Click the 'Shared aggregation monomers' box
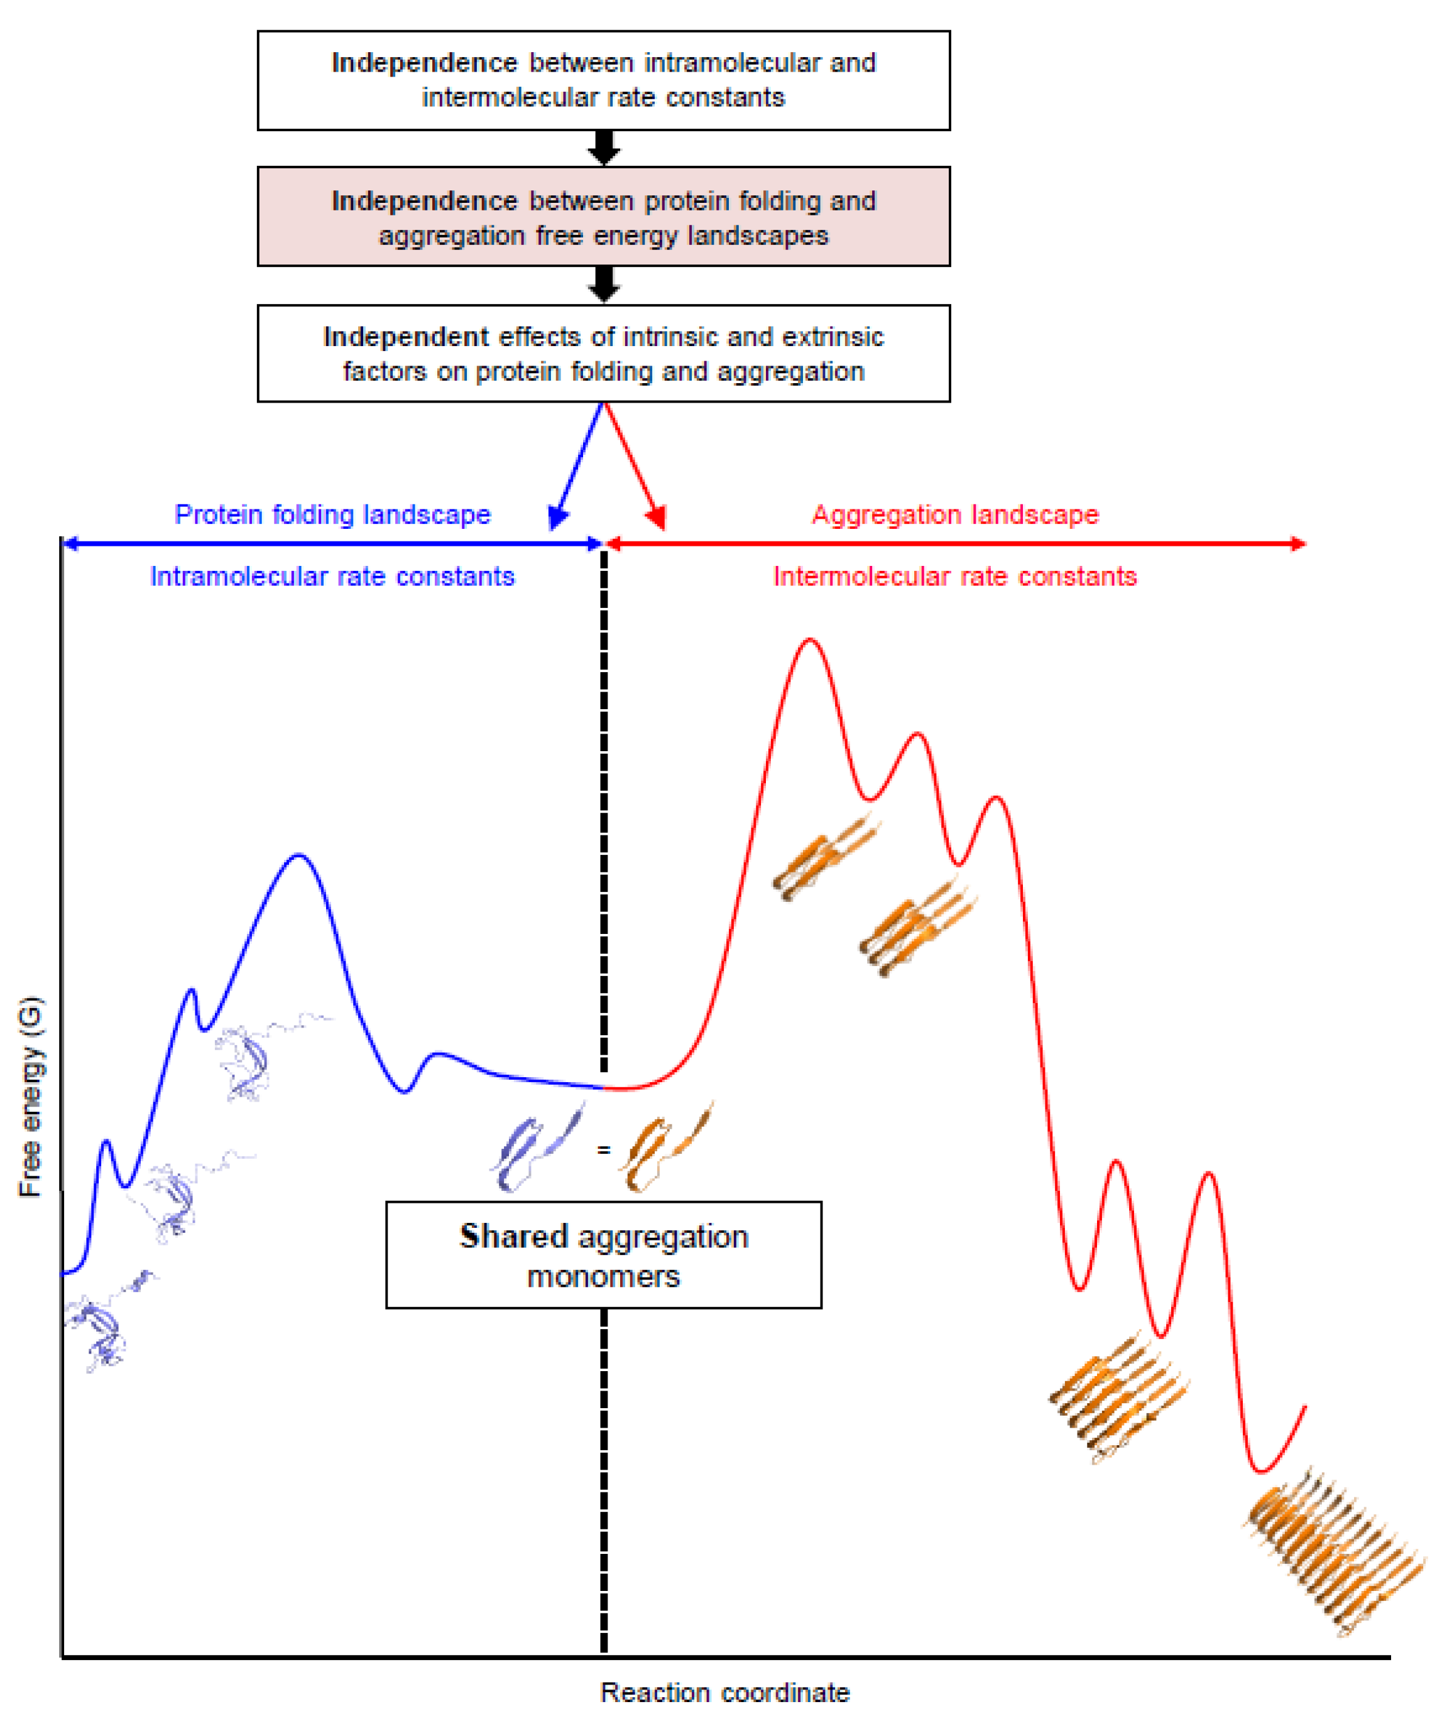point(604,1254)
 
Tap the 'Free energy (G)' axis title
point(31,1096)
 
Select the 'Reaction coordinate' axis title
point(724,1692)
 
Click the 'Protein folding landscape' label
point(332,514)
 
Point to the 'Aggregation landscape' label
point(955,514)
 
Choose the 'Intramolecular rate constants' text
point(332,576)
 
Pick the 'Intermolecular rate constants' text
point(955,576)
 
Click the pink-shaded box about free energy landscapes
point(604,217)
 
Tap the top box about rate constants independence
point(604,80)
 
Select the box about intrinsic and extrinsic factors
point(604,354)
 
